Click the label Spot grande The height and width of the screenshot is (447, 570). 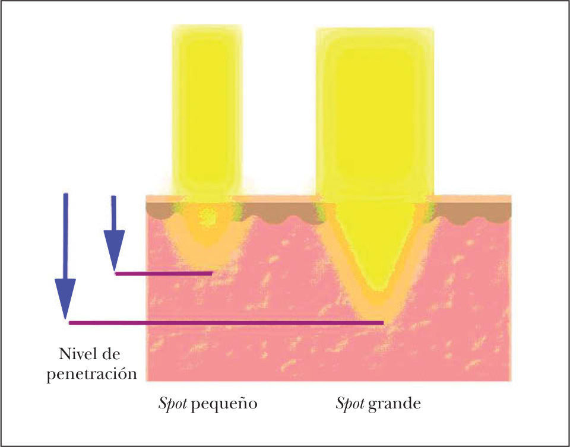tap(378, 405)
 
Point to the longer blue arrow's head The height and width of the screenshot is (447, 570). tap(65, 300)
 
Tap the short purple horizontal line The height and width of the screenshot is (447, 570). tap(164, 274)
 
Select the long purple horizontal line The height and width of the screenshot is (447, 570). tap(226, 323)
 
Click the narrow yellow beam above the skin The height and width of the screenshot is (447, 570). tap(206, 107)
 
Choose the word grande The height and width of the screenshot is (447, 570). tap(394, 405)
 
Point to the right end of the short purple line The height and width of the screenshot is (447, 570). tap(211, 274)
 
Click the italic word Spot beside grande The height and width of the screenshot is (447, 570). tap(349, 405)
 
